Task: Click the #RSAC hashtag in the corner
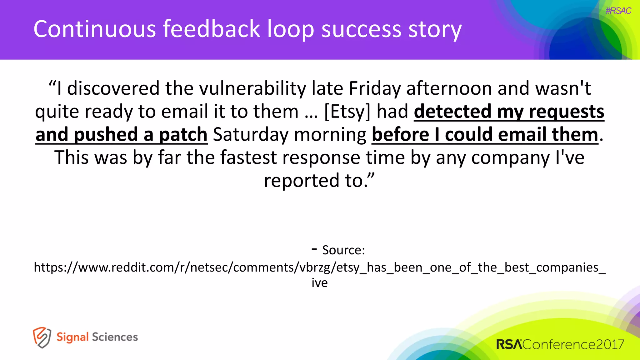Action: tap(618, 11)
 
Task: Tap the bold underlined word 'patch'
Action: tap(183, 135)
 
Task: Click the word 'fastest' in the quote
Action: tap(248, 157)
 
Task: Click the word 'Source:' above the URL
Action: tap(343, 250)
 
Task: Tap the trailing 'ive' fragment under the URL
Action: tap(319, 283)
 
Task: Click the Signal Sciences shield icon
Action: tap(42, 337)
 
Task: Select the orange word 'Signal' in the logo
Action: tap(72, 337)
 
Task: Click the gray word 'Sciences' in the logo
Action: tap(115, 337)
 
